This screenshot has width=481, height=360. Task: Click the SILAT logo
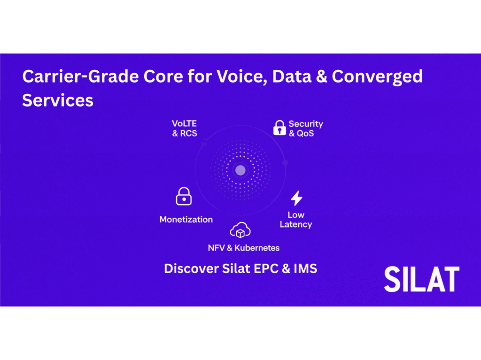(x=422, y=279)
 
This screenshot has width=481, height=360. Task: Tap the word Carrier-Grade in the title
(x=81, y=77)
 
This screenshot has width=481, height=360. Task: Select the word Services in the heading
(x=58, y=100)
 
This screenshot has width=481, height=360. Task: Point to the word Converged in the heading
(x=377, y=77)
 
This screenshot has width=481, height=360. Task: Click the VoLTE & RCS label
(x=184, y=129)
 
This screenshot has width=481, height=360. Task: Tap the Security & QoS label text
(x=306, y=129)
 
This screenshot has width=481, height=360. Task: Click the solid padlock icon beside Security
(x=279, y=128)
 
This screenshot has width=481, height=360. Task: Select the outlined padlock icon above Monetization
(x=184, y=196)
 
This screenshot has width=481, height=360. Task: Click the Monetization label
(x=186, y=220)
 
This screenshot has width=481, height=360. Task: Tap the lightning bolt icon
(x=297, y=198)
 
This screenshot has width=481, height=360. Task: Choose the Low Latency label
(x=296, y=220)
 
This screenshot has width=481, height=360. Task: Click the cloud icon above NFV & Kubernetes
(x=240, y=230)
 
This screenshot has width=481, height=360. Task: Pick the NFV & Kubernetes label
(x=244, y=248)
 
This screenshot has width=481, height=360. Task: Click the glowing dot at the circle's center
(x=240, y=170)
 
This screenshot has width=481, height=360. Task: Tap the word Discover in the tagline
(x=191, y=268)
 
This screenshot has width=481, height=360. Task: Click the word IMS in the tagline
(x=305, y=268)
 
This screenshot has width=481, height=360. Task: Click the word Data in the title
(x=292, y=77)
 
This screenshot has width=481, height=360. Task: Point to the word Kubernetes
(x=257, y=248)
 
